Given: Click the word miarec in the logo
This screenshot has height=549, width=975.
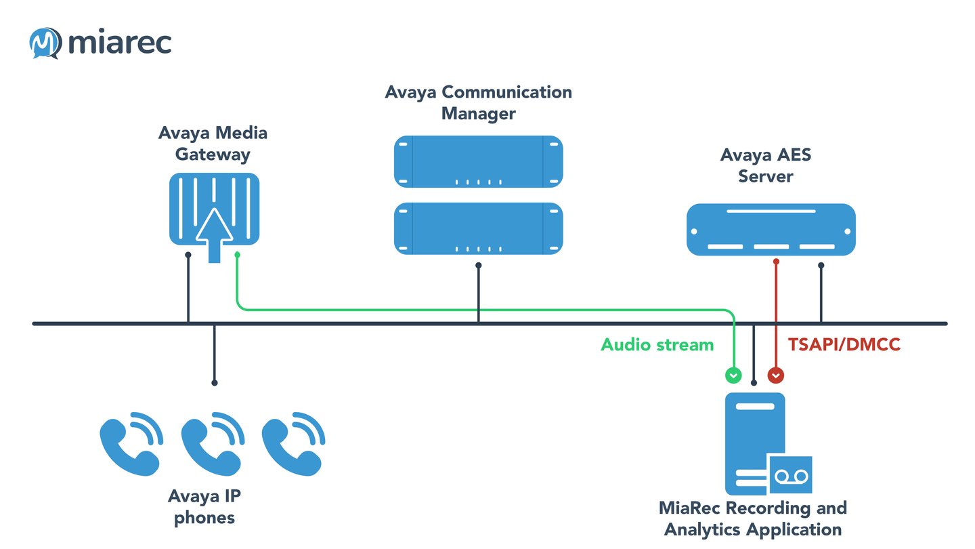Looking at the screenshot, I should (x=120, y=43).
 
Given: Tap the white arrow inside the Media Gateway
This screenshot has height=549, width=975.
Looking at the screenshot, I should (x=214, y=234).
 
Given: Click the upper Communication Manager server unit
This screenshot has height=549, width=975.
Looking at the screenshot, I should (x=479, y=161).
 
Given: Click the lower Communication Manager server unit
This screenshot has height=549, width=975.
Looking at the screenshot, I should (x=479, y=228).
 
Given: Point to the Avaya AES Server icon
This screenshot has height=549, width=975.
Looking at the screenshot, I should (x=771, y=230).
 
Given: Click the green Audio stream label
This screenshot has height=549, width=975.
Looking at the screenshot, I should (x=657, y=345).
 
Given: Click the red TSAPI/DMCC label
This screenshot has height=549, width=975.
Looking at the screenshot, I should (x=844, y=345).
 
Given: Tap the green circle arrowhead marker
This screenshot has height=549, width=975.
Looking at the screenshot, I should (x=733, y=374).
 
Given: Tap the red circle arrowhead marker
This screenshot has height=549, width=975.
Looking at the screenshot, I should (x=776, y=374).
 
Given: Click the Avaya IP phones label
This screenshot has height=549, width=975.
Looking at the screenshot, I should (x=204, y=507).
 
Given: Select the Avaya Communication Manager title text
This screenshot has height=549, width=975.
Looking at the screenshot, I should (x=478, y=102).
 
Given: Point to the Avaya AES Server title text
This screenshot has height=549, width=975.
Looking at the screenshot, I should (x=765, y=165).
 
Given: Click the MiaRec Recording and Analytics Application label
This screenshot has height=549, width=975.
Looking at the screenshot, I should (x=753, y=518).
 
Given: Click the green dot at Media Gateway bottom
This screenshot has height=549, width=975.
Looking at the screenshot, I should (x=237, y=255).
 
